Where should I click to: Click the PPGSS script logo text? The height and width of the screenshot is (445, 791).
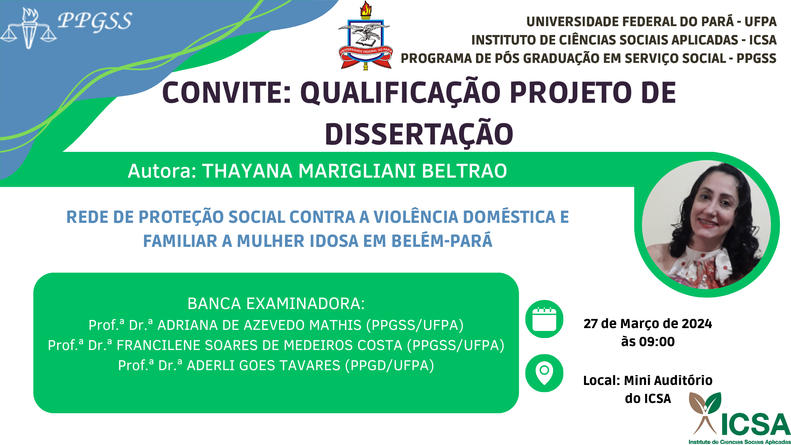coord(95,21)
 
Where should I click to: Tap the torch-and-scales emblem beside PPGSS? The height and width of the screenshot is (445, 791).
coord(28,28)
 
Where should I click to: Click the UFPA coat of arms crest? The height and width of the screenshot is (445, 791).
coord(365,35)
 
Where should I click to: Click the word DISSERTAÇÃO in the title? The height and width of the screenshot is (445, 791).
coord(419,134)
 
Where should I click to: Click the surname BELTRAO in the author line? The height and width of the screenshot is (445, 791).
coord(464,171)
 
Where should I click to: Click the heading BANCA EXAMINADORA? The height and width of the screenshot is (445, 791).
coord(276,304)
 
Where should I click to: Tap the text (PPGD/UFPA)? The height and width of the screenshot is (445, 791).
coord(389,365)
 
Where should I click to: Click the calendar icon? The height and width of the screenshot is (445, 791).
coord(544,319)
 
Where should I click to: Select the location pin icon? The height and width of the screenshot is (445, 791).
coord(544,373)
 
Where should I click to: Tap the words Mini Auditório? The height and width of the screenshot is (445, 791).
coord(668,380)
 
